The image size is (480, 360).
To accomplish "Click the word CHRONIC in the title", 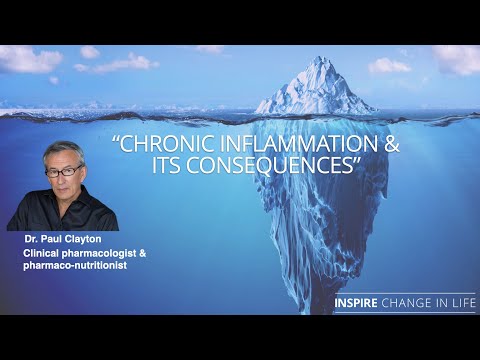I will [x=169, y=144].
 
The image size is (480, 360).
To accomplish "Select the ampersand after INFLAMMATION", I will [x=391, y=144].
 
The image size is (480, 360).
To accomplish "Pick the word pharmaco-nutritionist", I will [x=71, y=268].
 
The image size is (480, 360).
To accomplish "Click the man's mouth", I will [x=66, y=191].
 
